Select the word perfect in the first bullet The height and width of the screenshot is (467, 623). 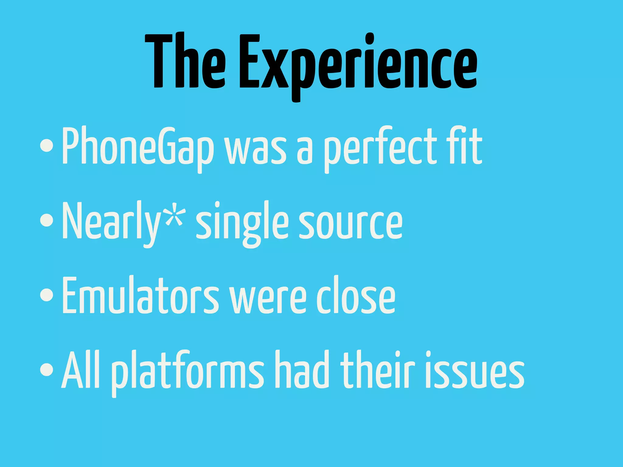click(380, 147)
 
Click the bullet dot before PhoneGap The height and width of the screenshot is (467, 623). click(47, 146)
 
